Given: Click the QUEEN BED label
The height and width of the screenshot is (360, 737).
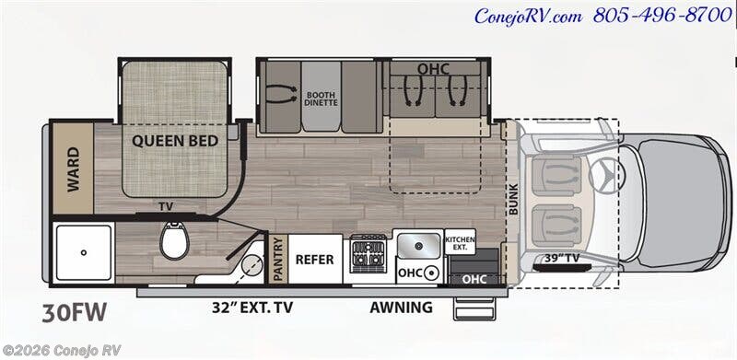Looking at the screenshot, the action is pos(175,141).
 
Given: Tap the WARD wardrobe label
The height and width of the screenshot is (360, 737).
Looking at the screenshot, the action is pos(74,169).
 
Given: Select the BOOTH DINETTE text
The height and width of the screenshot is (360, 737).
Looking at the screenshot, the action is pos(321,98).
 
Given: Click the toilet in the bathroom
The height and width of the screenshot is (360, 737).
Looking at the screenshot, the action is pos(174,239).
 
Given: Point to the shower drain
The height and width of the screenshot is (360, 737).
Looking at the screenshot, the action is pos(84,252).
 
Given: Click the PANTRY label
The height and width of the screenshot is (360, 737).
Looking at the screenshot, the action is pos(278,259).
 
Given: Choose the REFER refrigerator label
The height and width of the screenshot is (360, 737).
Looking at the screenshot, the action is pos(314,260).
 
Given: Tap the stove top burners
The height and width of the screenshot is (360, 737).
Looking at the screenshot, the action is pos(369,254).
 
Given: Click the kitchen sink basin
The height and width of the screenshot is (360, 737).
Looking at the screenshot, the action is pos(418,244).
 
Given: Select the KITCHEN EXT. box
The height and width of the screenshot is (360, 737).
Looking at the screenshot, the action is pos(460,242).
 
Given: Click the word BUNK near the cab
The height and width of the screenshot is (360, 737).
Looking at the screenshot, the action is pos(513,199).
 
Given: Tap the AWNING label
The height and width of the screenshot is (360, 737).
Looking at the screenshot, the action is pos(401,308).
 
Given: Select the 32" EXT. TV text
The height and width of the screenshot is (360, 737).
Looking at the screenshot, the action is pos(252,308).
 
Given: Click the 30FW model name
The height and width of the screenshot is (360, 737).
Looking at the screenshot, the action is pos(75,313).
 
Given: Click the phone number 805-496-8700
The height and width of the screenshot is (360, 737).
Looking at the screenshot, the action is pos(662,16).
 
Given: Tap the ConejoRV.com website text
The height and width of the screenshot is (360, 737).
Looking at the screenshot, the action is pos(528,17).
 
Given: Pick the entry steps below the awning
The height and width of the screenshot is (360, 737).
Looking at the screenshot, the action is pos(474,308).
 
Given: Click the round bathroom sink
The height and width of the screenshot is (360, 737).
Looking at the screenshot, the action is pos(253,265).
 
